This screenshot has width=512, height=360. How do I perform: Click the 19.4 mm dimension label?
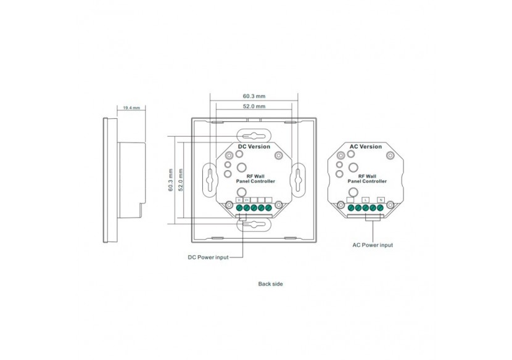pyautogui.click(x=131, y=108)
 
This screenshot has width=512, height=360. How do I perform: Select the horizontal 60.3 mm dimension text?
pyautogui.click(x=254, y=96)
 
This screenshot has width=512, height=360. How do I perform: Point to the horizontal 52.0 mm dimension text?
pyautogui.click(x=254, y=107)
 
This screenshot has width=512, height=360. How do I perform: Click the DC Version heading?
pyautogui.click(x=254, y=147)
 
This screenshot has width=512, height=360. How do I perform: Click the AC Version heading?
pyautogui.click(x=366, y=147)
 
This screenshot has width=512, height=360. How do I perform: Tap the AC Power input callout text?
pyautogui.click(x=372, y=245)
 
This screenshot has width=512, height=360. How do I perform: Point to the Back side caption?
pyautogui.click(x=270, y=284)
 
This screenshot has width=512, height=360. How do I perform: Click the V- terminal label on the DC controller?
pyautogui.click(x=239, y=200)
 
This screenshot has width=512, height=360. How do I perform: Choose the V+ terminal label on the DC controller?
pyautogui.click(x=246, y=200)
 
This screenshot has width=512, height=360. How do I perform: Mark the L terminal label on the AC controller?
pyautogui.click(x=365, y=200)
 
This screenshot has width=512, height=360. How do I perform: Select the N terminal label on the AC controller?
pyautogui.click(x=381, y=200)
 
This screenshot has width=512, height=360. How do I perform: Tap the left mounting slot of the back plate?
pyautogui.click(x=210, y=179)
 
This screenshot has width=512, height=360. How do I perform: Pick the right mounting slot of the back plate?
pyautogui.click(x=298, y=179)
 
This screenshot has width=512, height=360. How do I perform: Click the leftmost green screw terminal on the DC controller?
pyautogui.click(x=239, y=208)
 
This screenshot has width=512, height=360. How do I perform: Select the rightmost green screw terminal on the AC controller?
pyautogui.click(x=381, y=208)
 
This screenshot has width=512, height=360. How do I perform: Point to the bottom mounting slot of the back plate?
pyautogui.click(x=254, y=226)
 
